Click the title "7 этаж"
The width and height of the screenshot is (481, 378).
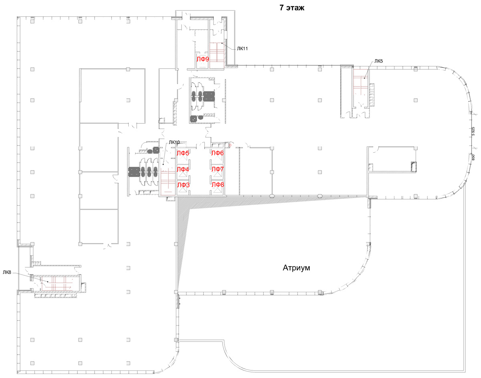tap(292, 8)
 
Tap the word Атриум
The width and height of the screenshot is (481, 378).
tap(296, 268)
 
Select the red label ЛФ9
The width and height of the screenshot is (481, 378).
tap(203, 59)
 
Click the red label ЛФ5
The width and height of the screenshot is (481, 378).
tap(183, 153)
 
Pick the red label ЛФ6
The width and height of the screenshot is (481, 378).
tap(217, 153)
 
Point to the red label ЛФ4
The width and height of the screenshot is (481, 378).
tap(183, 169)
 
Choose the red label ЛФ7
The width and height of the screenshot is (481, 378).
tap(218, 169)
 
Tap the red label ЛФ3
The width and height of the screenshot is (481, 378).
tap(184, 185)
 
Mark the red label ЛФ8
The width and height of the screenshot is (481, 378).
tap(218, 184)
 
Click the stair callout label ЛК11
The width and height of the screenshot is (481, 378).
tap(243, 49)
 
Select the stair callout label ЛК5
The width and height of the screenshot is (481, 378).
tap(378, 61)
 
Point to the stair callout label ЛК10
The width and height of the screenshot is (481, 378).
tap(174, 142)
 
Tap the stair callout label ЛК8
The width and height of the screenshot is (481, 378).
tap(7, 272)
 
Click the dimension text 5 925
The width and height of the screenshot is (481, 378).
tap(473, 131)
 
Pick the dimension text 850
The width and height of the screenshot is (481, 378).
tap(473, 158)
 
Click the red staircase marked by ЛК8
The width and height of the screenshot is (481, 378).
tap(57, 283)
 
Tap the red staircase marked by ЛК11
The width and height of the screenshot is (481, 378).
tap(217, 52)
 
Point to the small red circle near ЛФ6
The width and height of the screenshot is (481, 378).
tap(230, 146)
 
